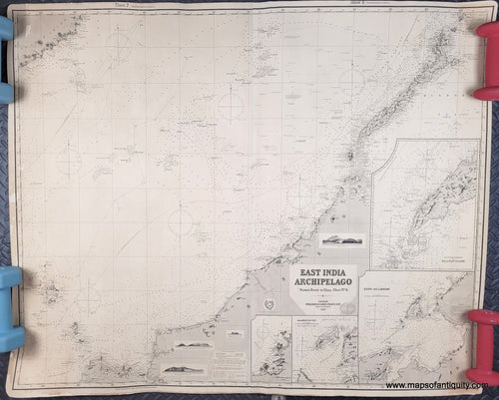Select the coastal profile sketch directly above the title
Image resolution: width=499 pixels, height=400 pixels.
coord(341,239)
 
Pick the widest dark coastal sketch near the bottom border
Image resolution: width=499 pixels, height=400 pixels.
coord(187,369)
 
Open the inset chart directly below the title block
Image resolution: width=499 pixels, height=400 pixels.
coord(324,349)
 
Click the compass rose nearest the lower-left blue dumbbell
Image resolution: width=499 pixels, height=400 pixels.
coord(88,295)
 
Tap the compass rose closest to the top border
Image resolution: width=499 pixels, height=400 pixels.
coord(119,42)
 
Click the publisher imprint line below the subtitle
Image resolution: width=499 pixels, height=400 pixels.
coord(322,308)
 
